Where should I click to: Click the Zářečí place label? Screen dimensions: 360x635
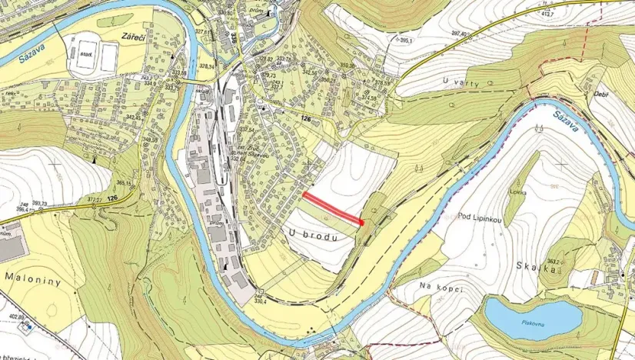(127, 35)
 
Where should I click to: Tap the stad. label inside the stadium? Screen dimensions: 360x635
(85, 55)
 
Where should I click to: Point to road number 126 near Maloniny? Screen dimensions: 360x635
(112, 197)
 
